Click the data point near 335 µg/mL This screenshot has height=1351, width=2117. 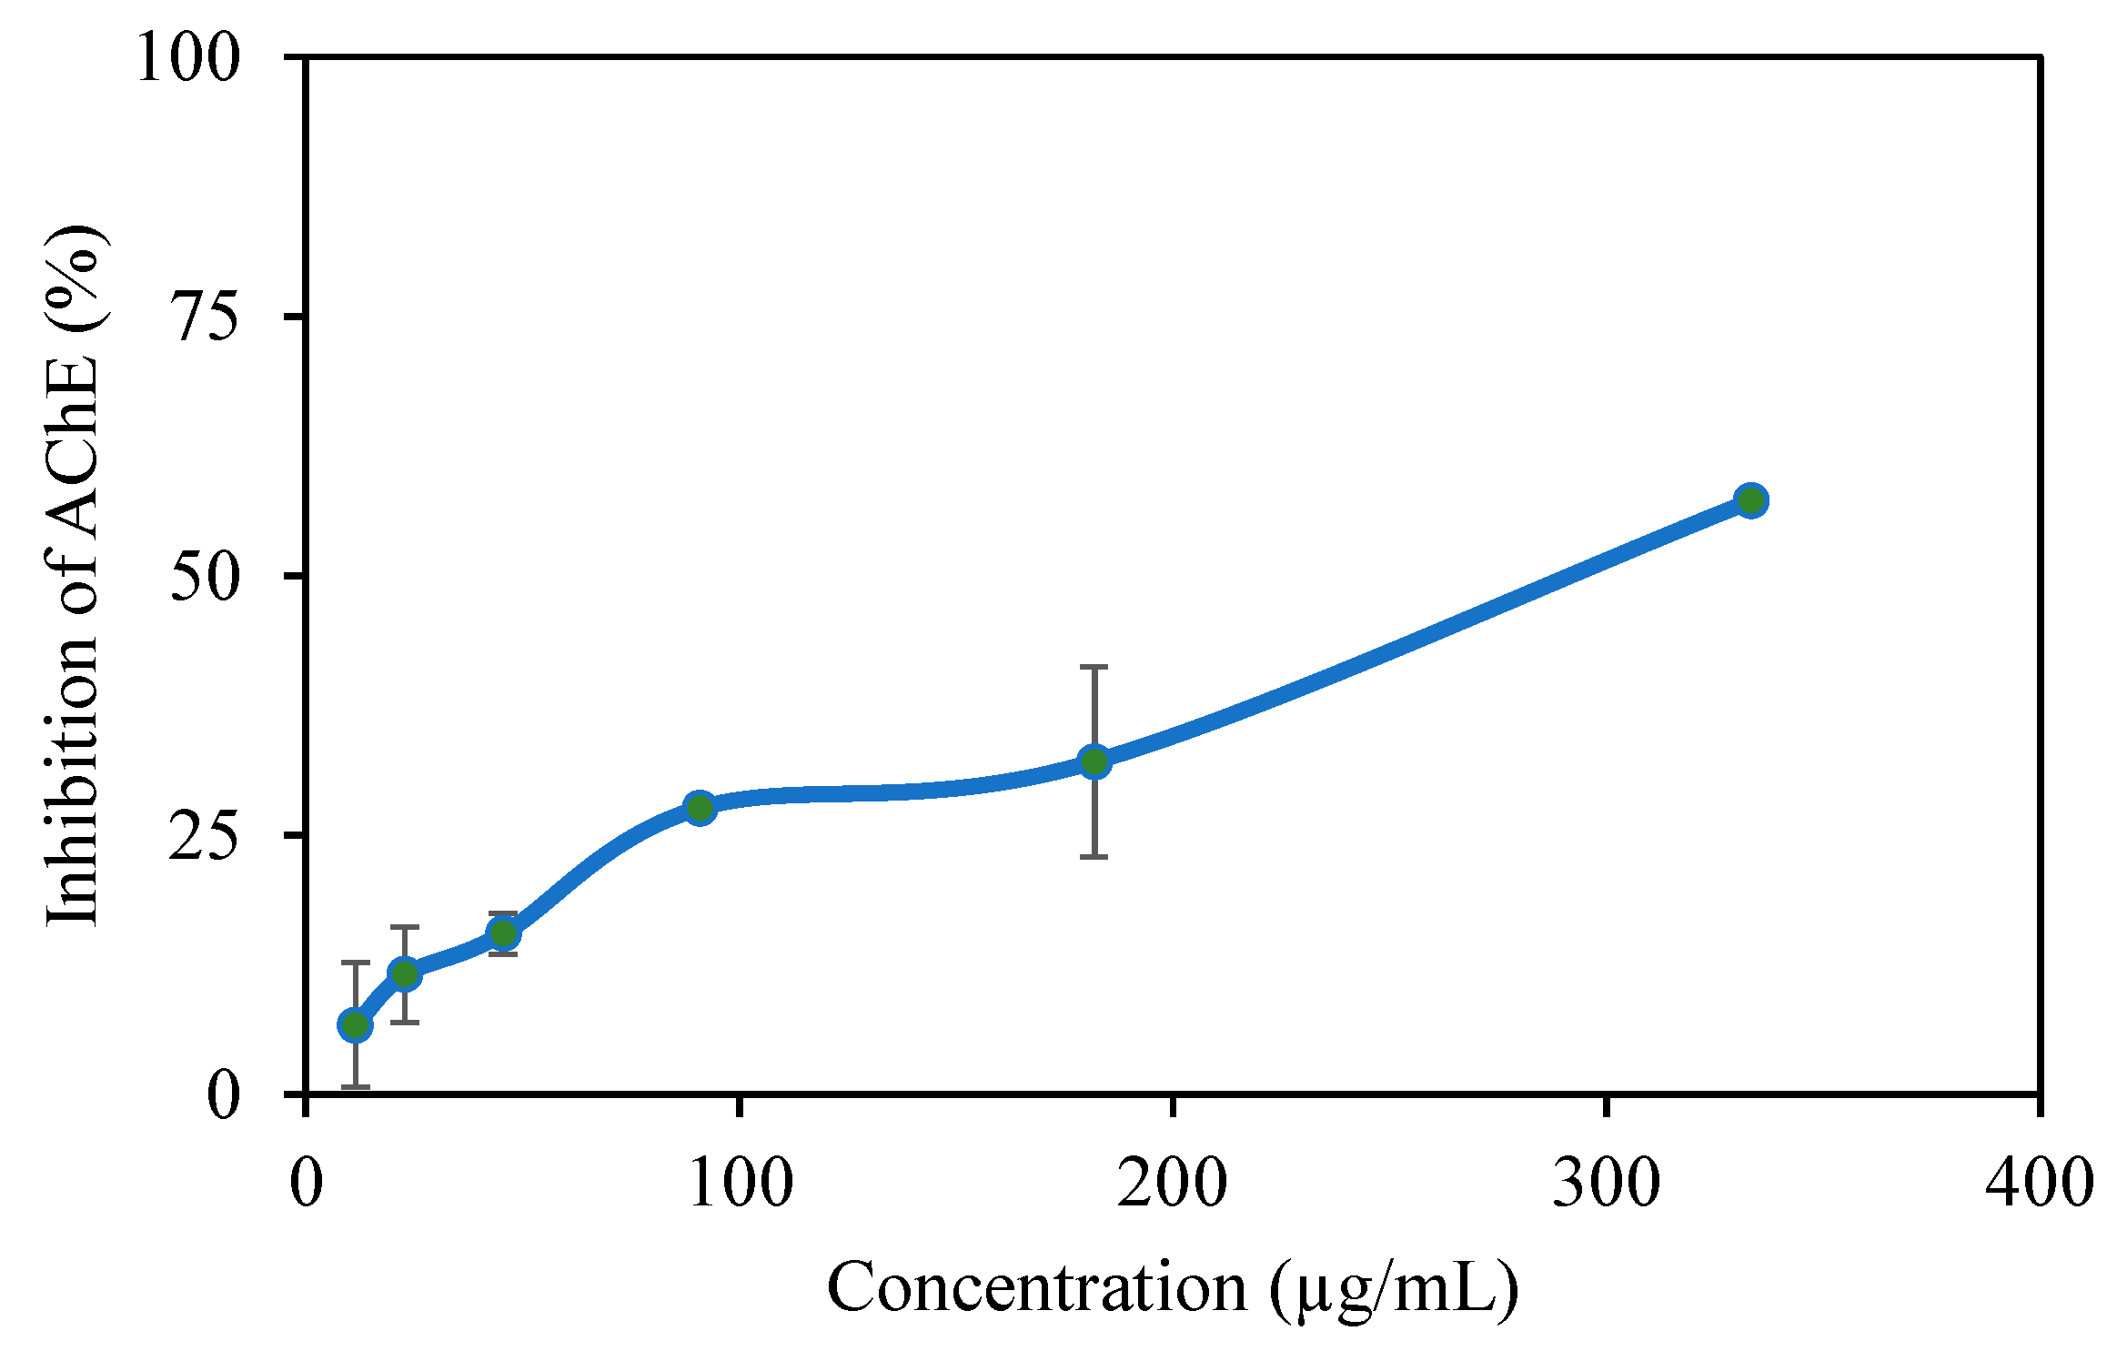tap(1750, 500)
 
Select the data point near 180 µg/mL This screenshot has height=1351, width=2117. tap(1094, 761)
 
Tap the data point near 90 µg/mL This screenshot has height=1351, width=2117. tap(700, 808)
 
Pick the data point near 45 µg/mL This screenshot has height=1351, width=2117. tap(503, 933)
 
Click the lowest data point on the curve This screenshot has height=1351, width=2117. tap(355, 1026)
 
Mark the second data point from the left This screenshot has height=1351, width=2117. tap(405, 974)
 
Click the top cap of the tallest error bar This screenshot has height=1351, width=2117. tap(1094, 667)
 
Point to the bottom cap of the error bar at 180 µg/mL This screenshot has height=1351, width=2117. tap(1094, 857)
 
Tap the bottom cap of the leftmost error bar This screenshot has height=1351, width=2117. tap(355, 1087)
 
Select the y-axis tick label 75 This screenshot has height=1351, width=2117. tap(205, 318)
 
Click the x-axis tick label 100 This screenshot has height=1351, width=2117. tap(741, 1183)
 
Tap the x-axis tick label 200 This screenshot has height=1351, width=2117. tap(1173, 1183)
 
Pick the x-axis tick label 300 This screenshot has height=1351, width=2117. tap(1607, 1183)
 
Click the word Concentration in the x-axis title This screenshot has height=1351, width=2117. tap(1037, 1288)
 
